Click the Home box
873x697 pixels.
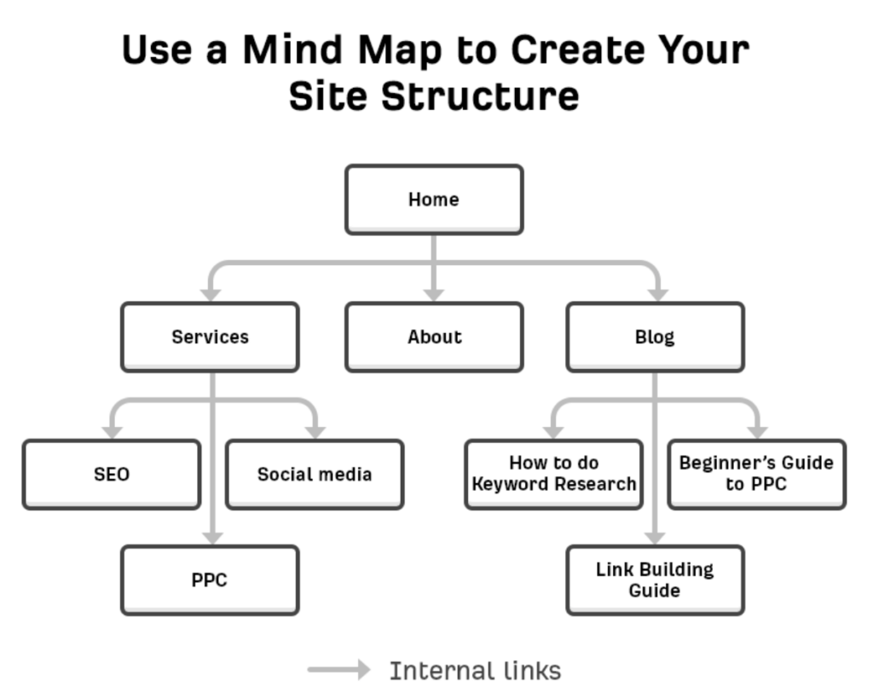433,199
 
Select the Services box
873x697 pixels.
210,337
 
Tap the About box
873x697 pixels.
433,337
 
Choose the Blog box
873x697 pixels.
655,337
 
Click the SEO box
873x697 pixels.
112,474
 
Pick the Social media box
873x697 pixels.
315,474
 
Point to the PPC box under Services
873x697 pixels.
210,580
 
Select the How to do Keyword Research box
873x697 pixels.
554,474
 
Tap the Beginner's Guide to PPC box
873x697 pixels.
756,474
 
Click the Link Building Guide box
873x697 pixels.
655,580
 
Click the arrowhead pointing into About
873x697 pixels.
434,295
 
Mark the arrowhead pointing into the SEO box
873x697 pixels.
113,432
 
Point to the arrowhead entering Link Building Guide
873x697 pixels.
655,538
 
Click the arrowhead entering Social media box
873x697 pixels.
315,432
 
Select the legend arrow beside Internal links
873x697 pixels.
339,670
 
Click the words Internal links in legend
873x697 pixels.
475,671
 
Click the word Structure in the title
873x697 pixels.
480,95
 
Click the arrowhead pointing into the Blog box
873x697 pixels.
658,295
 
